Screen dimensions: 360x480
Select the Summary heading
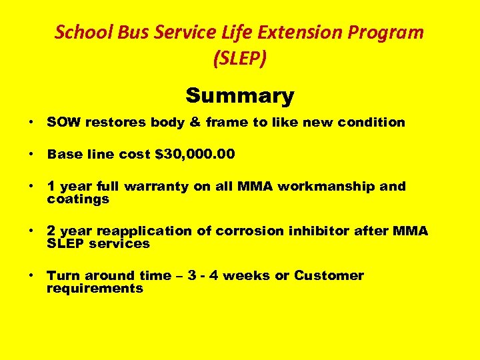pos(239,96)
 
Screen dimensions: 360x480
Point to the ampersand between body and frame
pos(175,122)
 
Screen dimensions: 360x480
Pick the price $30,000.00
pos(195,154)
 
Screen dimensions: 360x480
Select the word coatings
pos(78,199)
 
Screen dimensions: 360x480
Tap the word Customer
pos(329,275)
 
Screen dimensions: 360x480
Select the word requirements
pos(95,288)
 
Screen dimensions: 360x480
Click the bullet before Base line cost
pos(31,154)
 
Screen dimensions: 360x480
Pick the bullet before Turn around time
pos(31,275)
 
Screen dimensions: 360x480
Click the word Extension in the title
pos(295,31)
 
